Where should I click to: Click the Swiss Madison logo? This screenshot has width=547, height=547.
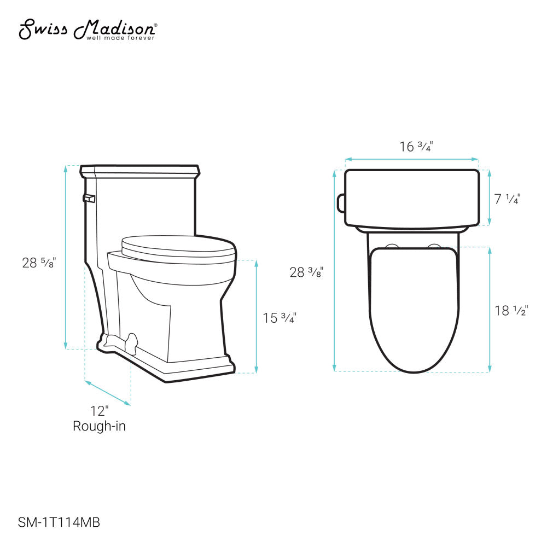click(88, 28)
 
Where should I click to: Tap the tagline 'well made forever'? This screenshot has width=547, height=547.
click(120, 38)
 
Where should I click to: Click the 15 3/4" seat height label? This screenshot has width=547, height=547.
click(280, 318)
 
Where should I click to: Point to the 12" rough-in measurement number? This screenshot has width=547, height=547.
click(99, 410)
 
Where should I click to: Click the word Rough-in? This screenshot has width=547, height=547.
click(99, 426)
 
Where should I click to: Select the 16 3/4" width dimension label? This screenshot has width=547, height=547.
click(417, 147)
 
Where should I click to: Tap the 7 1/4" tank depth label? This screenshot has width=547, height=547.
click(507, 199)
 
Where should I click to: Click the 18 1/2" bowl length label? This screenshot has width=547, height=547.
click(511, 311)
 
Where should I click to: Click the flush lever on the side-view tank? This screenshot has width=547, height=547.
click(89, 198)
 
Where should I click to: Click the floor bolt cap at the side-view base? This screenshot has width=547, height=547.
click(131, 342)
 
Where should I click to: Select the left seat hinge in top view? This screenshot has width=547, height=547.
click(392, 246)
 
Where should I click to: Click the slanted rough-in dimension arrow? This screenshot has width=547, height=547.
click(108, 393)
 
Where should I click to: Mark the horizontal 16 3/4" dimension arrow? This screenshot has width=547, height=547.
click(411, 160)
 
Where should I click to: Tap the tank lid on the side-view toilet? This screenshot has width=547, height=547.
click(139, 170)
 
